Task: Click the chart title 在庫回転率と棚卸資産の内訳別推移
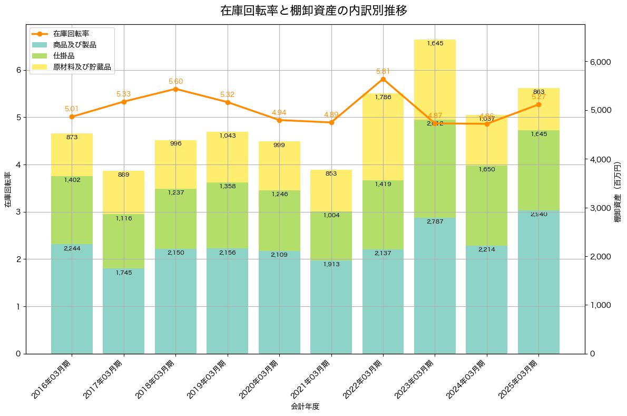313,11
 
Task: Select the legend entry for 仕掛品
64,56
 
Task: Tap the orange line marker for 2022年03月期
383,79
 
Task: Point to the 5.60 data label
175,81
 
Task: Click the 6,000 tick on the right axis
600,62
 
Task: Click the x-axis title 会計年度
305,407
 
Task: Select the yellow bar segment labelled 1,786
383,137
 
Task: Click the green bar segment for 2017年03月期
123,241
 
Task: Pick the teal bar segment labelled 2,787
435,285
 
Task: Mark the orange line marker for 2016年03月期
72,117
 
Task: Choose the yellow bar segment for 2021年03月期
331,190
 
